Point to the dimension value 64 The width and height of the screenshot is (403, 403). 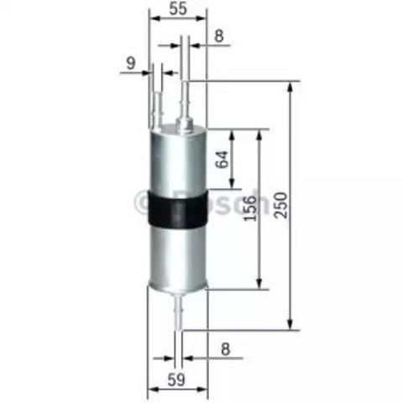(x=222, y=159)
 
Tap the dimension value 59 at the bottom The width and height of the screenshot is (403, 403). (x=175, y=379)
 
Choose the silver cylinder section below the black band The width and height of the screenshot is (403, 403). (x=175, y=256)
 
